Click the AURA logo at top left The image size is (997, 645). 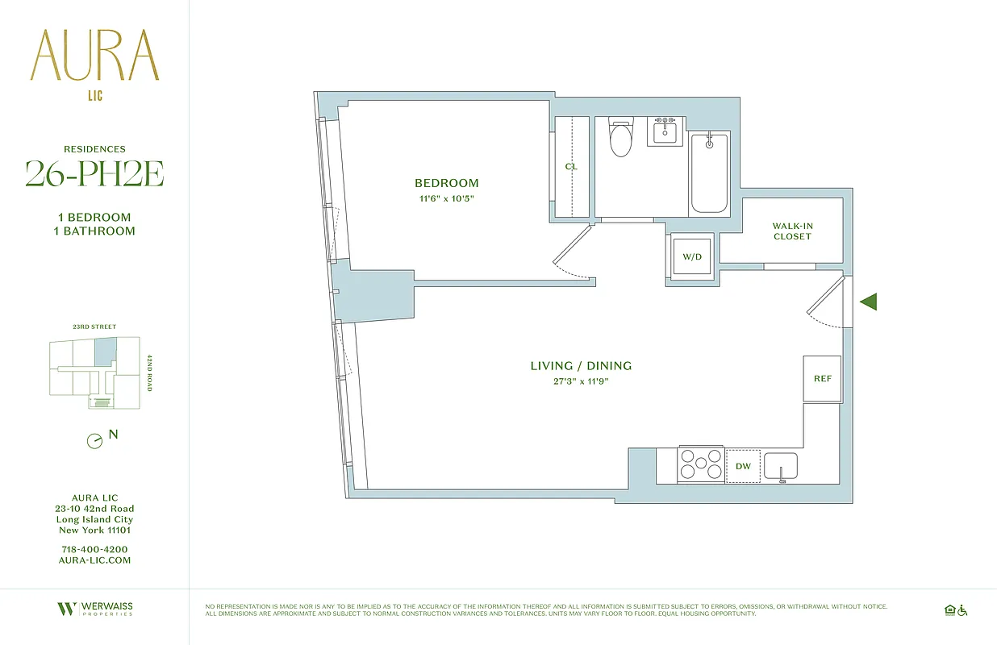pos(94,56)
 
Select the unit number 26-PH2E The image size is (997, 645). pos(94,173)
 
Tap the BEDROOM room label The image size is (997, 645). pos(446,183)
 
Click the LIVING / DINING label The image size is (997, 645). pos(581,366)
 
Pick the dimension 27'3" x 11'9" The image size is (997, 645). pos(581,381)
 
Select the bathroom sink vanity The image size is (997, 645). pos(666,131)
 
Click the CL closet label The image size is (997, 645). pos(571,167)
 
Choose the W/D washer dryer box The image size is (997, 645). pos(692,257)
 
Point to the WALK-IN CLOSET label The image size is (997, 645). pos(791,231)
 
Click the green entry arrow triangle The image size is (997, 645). pos(869,302)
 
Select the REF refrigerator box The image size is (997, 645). pos(822,379)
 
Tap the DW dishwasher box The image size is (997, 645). pos(743,466)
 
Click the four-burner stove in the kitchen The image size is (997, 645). pos(700,465)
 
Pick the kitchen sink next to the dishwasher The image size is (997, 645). pos(780,466)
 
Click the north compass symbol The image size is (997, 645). pos(95,441)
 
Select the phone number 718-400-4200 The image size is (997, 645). pos(94,549)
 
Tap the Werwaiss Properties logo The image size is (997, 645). pos(94,610)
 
